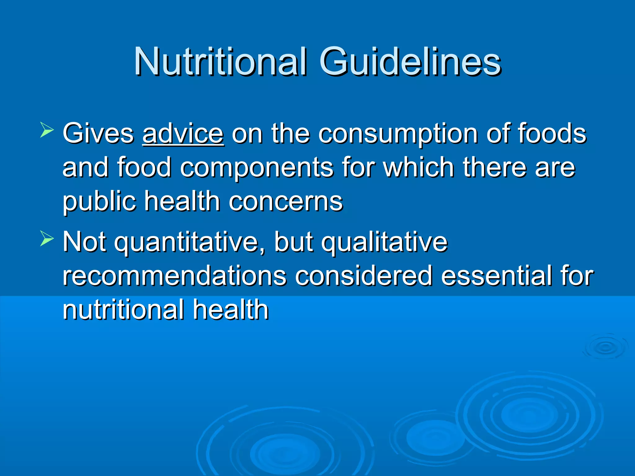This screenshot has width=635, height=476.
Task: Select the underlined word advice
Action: [x=183, y=134]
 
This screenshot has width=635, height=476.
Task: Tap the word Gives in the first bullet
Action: [x=98, y=134]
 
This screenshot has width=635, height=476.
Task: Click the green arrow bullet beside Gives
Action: [x=47, y=130]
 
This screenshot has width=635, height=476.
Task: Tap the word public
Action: [x=99, y=202]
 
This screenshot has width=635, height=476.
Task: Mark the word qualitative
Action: [x=384, y=243]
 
